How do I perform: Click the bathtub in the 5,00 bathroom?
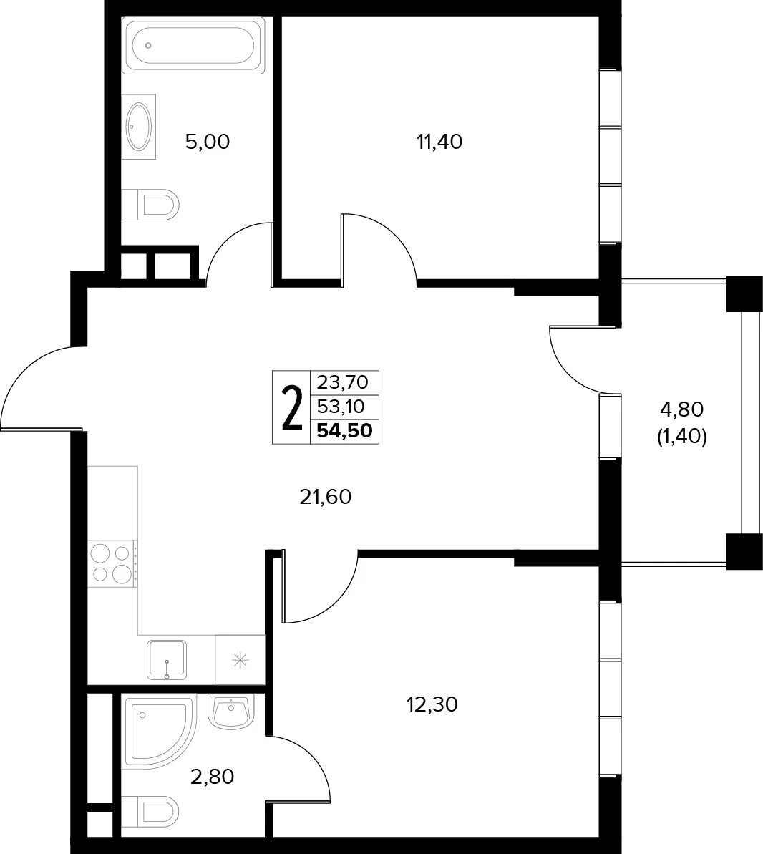[x=193, y=45]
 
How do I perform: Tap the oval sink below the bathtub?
[x=139, y=127]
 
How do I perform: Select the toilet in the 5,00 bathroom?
[x=150, y=205]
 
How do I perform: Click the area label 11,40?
[x=439, y=142]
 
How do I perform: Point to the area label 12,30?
[x=432, y=705]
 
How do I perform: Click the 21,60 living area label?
[x=326, y=497]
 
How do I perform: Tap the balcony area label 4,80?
[x=682, y=409]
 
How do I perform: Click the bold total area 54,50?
[x=345, y=431]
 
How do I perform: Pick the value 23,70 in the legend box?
[x=343, y=382]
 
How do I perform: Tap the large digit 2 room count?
[x=292, y=407]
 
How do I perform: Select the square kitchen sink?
[x=167, y=660]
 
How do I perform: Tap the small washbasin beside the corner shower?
[x=231, y=712]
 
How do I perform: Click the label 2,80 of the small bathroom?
[x=213, y=776]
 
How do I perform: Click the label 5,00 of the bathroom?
[x=208, y=142]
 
